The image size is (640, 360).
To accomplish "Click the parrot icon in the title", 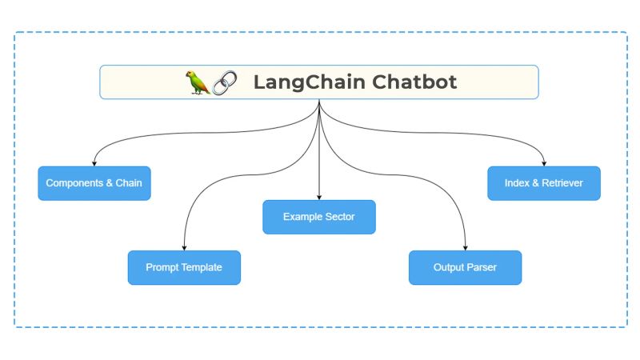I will click(x=198, y=82).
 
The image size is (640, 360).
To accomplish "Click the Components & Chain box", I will click(x=94, y=183).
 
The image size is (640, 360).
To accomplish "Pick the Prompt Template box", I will click(x=184, y=267).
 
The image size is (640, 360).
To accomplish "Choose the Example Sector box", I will click(x=319, y=217).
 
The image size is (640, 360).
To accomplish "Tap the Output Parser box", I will click(x=465, y=267).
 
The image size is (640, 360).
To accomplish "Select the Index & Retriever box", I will click(x=544, y=183).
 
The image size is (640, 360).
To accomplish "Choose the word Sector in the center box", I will click(x=338, y=217).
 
